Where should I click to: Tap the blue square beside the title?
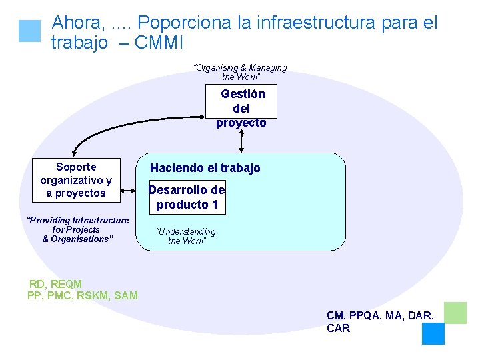click(x=30, y=31)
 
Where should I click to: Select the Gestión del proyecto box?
click(x=241, y=108)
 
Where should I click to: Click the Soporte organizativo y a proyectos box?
click(x=76, y=180)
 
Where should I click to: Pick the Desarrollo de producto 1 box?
click(x=187, y=197)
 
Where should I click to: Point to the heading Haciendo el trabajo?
click(x=205, y=168)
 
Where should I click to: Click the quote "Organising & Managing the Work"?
click(x=240, y=72)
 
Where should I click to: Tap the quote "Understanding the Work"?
click(x=186, y=236)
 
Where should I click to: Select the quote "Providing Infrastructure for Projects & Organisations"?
click(x=77, y=229)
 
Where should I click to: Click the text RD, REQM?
click(x=55, y=284)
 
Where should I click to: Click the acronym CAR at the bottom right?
click(x=338, y=328)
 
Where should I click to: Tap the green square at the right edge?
click(x=455, y=313)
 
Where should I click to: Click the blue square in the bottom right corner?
click(x=433, y=333)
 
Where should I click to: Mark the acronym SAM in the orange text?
click(x=126, y=295)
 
